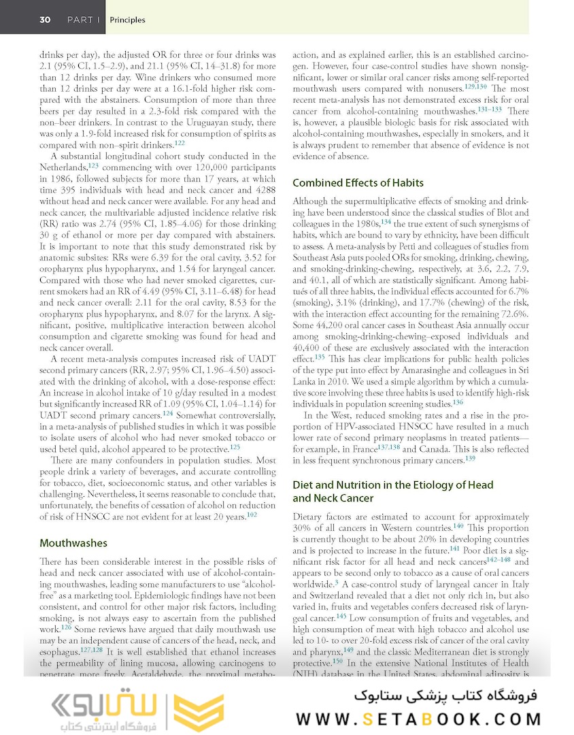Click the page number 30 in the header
(x=44, y=20)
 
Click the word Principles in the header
(x=127, y=20)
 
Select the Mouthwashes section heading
(x=73, y=543)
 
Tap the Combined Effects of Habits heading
(x=358, y=182)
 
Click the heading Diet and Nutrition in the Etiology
(x=394, y=485)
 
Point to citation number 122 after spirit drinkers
(x=180, y=143)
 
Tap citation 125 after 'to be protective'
(x=235, y=447)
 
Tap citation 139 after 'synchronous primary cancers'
(x=471, y=458)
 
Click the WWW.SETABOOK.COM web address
(x=420, y=719)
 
